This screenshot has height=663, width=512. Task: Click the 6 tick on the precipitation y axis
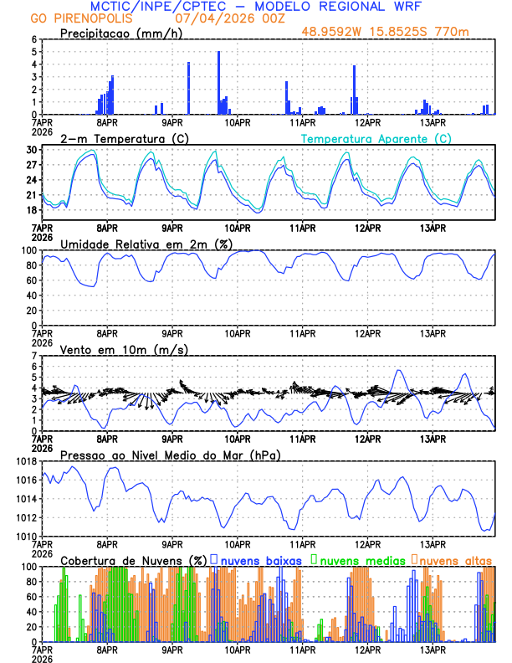point(33,39)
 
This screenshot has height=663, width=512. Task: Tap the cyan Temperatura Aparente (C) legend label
point(376,138)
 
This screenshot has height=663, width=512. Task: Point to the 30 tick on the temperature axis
point(32,150)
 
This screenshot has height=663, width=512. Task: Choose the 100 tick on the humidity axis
point(28,250)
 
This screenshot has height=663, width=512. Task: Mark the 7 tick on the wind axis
point(33,356)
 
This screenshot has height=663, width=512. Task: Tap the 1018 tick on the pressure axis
point(25,461)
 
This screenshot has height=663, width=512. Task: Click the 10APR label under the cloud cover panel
point(238,650)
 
